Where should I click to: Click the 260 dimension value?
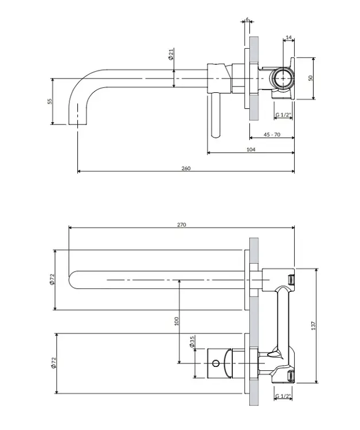[186, 168]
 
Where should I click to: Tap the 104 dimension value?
[251, 150]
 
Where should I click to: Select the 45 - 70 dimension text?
[272, 134]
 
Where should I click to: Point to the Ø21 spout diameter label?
[171, 54]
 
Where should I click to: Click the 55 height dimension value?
[50, 101]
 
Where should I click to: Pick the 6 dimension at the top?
[247, 19]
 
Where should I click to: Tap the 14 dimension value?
[289, 37]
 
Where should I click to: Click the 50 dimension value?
[310, 78]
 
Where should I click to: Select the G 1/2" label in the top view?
[283, 115]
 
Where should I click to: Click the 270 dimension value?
[182, 225]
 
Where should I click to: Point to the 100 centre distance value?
[177, 321]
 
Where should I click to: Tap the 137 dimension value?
[314, 326]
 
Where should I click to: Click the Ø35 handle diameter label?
[192, 342]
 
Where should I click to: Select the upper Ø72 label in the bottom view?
[52, 279]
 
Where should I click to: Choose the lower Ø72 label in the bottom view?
[53, 363]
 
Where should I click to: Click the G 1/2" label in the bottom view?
[283, 396]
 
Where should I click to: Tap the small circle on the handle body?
[216, 363]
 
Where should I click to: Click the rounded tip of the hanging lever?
[216, 135]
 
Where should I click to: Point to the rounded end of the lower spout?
[70, 280]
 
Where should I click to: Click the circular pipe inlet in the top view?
[283, 78]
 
